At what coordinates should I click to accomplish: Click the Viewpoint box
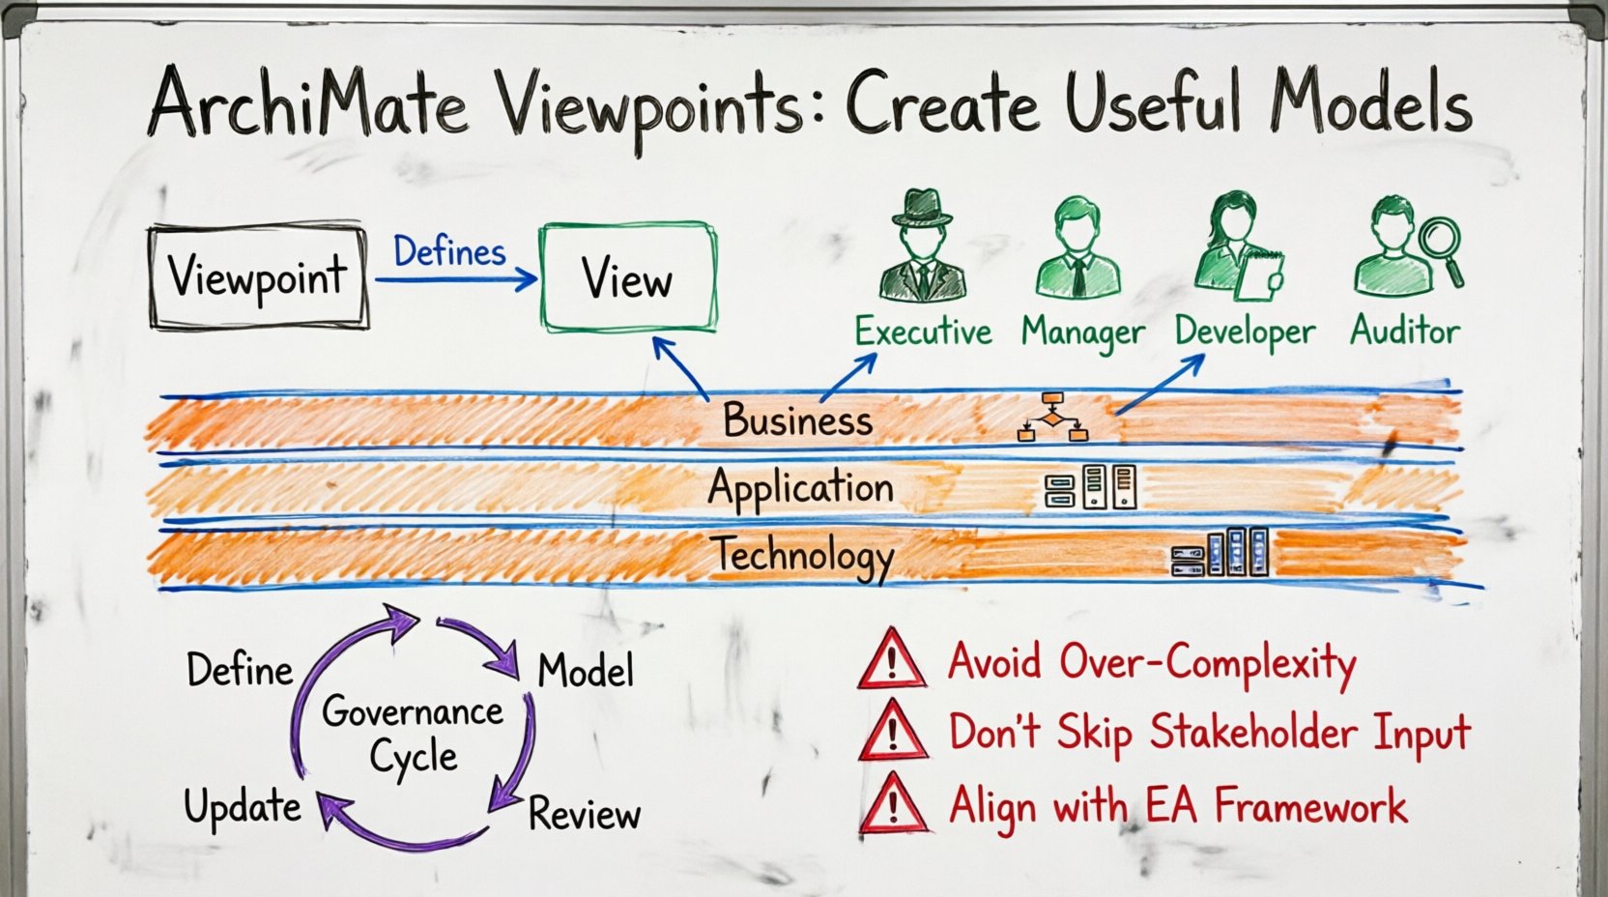tap(258, 276)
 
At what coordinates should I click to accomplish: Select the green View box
tap(628, 278)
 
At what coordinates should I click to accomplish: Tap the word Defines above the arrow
tap(449, 252)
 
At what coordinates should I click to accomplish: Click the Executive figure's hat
tap(922, 207)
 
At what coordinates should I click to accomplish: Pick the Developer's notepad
tap(1260, 275)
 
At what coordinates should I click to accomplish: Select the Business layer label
tap(797, 420)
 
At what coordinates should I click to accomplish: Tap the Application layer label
tap(800, 488)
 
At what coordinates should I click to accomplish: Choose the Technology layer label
tap(802, 556)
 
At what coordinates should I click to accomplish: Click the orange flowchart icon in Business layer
tap(1052, 418)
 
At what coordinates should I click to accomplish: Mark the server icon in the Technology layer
tap(1220, 552)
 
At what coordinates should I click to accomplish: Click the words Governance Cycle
tap(413, 735)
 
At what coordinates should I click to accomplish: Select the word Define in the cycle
tap(240, 670)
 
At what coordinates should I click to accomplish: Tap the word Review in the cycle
tap(585, 814)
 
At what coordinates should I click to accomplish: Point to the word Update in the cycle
tap(243, 806)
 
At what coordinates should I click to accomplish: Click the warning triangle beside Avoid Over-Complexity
tap(892, 660)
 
